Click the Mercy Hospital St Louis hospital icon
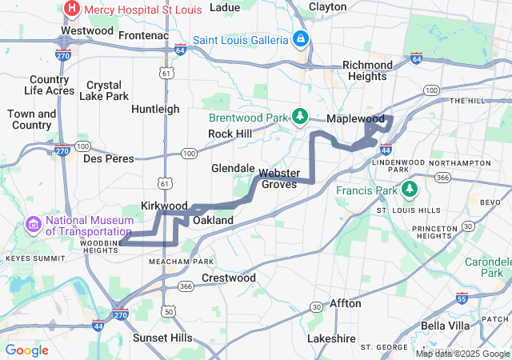(x=72, y=9)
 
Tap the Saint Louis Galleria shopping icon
(x=300, y=38)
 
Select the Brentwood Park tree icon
(x=300, y=117)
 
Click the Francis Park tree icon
(x=409, y=190)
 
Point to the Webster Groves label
(x=278, y=178)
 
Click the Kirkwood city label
(x=164, y=206)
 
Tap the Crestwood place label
(x=229, y=278)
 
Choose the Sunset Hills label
(x=162, y=338)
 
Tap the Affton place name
(x=346, y=303)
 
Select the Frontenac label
(x=142, y=36)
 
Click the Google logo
(x=27, y=350)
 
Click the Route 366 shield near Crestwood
(x=186, y=286)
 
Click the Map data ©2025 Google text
(x=462, y=354)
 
